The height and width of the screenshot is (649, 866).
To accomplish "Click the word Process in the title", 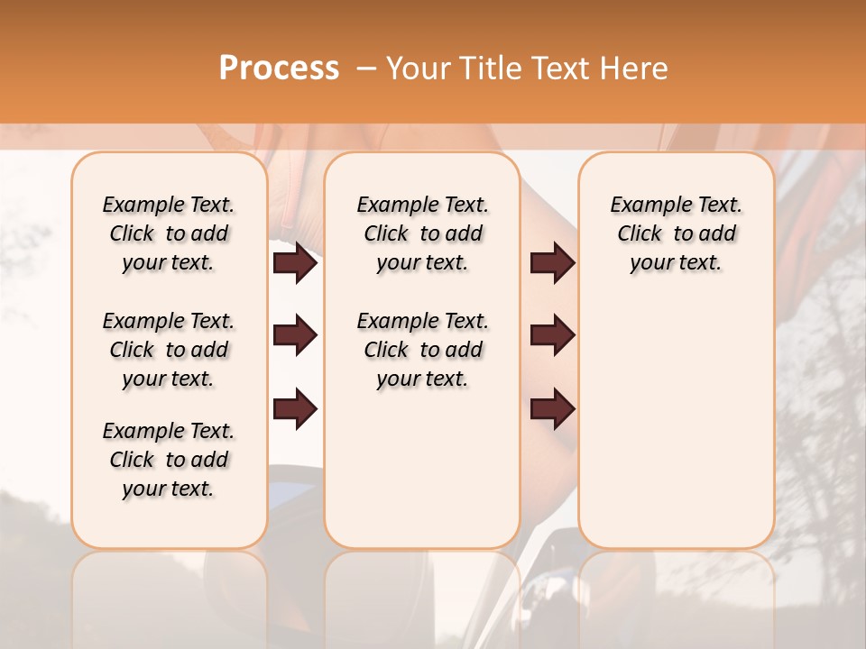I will (x=278, y=69).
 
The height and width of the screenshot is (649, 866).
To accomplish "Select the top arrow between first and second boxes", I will (x=295, y=263).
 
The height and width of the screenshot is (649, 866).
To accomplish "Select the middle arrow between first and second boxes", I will (x=295, y=336).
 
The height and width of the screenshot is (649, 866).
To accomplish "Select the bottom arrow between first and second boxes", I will (x=295, y=408).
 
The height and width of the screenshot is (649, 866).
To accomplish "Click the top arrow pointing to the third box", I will (x=552, y=263).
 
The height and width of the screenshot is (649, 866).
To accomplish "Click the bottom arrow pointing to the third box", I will (x=552, y=408).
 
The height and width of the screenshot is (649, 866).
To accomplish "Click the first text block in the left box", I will (x=169, y=233).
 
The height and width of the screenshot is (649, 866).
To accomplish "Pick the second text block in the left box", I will (x=169, y=350).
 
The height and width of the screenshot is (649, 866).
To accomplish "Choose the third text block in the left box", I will (x=169, y=460).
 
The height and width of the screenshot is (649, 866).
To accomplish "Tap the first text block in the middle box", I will (x=422, y=233).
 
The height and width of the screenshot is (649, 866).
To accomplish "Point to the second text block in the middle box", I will (x=422, y=350).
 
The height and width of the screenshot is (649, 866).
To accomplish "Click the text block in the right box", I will (x=676, y=233).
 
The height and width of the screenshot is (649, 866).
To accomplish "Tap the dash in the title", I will (x=366, y=69).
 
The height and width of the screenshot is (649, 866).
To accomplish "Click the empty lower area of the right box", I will (x=676, y=433).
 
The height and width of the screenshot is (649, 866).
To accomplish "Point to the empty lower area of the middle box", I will (x=422, y=469).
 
